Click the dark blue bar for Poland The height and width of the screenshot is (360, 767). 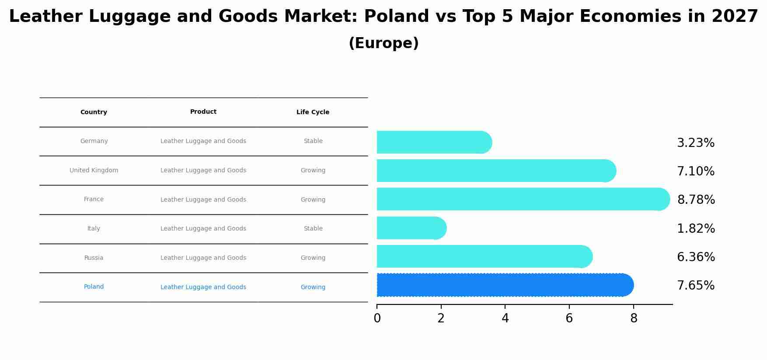click(503, 285)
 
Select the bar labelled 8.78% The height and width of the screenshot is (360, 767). click(520, 199)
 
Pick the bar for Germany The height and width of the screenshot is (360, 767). click(433, 143)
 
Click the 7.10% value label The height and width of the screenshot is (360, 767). click(695, 171)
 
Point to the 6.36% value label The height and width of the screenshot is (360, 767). click(696, 257)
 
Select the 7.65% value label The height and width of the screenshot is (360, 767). click(695, 286)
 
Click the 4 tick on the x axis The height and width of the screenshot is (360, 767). click(505, 318)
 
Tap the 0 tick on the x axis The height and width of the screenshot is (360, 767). click(377, 318)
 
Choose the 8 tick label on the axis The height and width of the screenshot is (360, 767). click(634, 318)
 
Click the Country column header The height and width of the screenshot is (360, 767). click(94, 112)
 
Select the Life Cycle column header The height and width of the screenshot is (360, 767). click(313, 112)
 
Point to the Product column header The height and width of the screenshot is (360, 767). click(203, 112)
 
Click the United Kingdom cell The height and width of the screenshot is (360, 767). click(94, 171)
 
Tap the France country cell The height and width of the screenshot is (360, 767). click(94, 199)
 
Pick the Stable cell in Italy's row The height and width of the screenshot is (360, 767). click(313, 229)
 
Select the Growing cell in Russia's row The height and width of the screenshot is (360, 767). click(313, 258)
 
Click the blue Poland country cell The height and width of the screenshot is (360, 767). click(94, 287)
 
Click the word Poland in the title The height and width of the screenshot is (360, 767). click(396, 17)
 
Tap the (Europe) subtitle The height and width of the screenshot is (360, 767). click(383, 43)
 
